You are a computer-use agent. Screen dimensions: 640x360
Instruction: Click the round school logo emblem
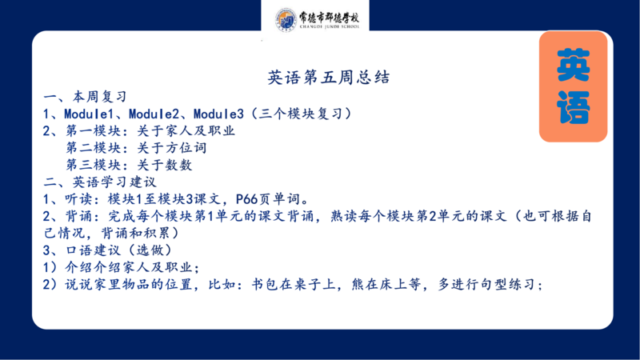286,19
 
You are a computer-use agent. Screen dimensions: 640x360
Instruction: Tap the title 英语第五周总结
329,77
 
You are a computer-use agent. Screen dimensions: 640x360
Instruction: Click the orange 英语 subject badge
573,86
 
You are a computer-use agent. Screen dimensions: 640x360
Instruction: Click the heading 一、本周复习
85,97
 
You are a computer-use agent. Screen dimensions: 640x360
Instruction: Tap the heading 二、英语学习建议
99,182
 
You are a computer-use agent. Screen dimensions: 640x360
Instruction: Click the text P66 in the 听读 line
247,199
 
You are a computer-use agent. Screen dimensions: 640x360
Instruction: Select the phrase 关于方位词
172,148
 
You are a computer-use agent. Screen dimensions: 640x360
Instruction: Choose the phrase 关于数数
165,165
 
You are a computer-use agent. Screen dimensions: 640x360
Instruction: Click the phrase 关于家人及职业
186,130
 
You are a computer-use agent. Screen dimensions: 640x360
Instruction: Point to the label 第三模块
94,165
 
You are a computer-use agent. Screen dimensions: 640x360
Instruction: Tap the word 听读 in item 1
78,199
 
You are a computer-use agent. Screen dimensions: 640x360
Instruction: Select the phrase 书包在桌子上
293,284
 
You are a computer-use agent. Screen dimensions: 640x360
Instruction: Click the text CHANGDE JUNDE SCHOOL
330,26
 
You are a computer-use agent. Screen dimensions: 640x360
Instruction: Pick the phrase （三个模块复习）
301,114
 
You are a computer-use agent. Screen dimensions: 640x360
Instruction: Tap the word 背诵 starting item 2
78,216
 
